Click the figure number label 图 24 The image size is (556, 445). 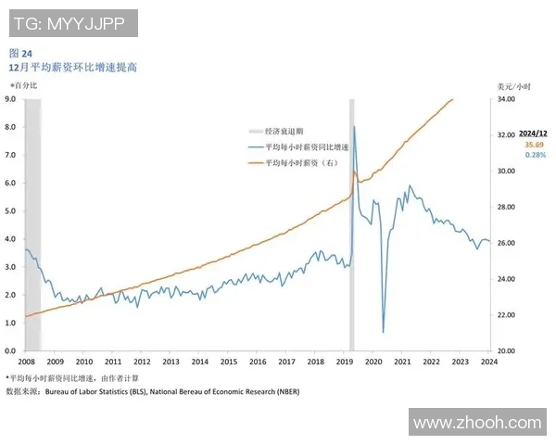[x=20, y=53]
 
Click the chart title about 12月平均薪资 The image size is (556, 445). [x=72, y=68]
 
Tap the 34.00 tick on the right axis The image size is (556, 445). [x=507, y=98]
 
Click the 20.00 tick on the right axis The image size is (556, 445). [x=507, y=351]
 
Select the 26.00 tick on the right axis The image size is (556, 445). [x=507, y=243]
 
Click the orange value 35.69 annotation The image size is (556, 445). [x=535, y=146]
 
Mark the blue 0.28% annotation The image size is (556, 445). [x=535, y=156]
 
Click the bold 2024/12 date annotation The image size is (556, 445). [x=535, y=134]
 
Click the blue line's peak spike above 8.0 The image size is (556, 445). [x=355, y=127]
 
